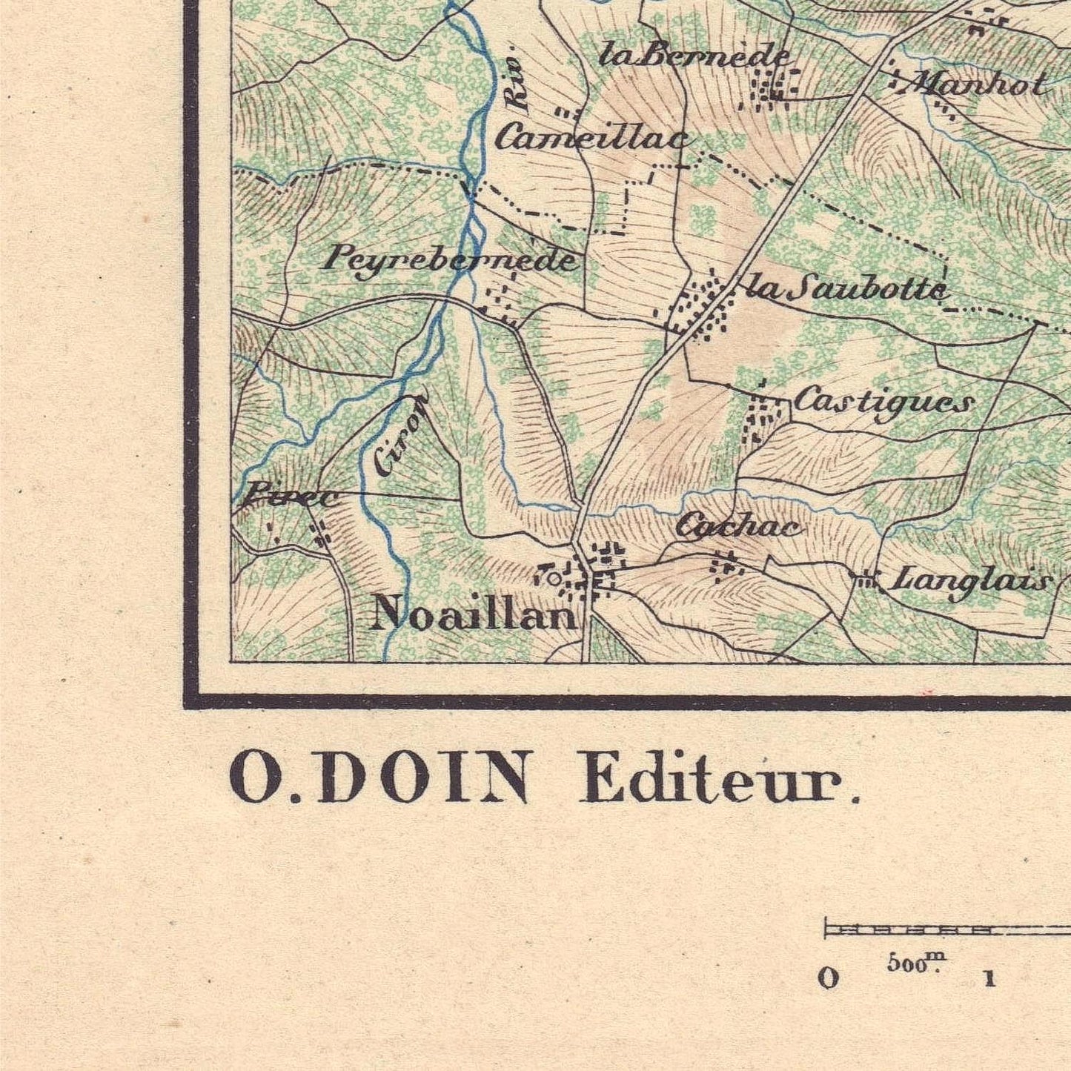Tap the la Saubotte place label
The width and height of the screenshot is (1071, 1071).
tap(847, 288)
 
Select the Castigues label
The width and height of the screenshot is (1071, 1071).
tap(883, 402)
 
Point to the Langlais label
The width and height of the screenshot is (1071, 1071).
tap(970, 580)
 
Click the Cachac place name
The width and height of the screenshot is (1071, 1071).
tap(738, 526)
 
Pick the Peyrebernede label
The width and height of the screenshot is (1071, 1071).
tap(451, 259)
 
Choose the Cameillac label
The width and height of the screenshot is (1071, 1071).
tap(594, 138)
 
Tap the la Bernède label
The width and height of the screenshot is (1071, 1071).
tap(694, 56)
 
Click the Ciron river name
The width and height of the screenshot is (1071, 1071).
tap(400, 434)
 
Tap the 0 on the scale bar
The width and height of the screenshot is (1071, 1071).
tap(829, 978)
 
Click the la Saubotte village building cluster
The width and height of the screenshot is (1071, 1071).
tap(700, 308)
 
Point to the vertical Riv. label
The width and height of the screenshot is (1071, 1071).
tap(521, 87)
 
